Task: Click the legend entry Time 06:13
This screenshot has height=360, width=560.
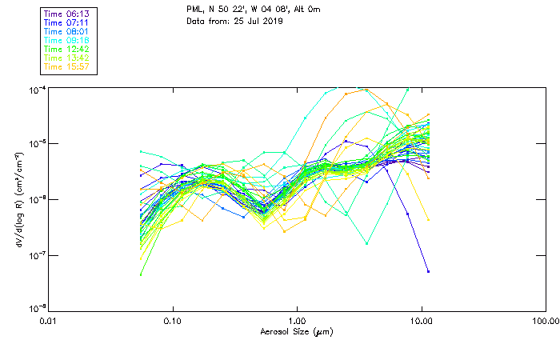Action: click(67, 13)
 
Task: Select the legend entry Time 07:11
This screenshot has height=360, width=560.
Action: click(67, 22)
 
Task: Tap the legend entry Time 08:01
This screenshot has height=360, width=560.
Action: click(67, 30)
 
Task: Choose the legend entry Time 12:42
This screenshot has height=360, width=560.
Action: click(67, 48)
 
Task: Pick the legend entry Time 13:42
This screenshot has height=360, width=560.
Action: click(67, 57)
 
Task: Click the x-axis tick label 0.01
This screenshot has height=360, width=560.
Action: click(49, 320)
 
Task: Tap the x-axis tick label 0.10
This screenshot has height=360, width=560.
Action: click(173, 320)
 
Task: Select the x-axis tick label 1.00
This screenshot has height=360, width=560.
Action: click(297, 320)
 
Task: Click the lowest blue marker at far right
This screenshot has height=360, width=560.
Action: click(429, 271)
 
